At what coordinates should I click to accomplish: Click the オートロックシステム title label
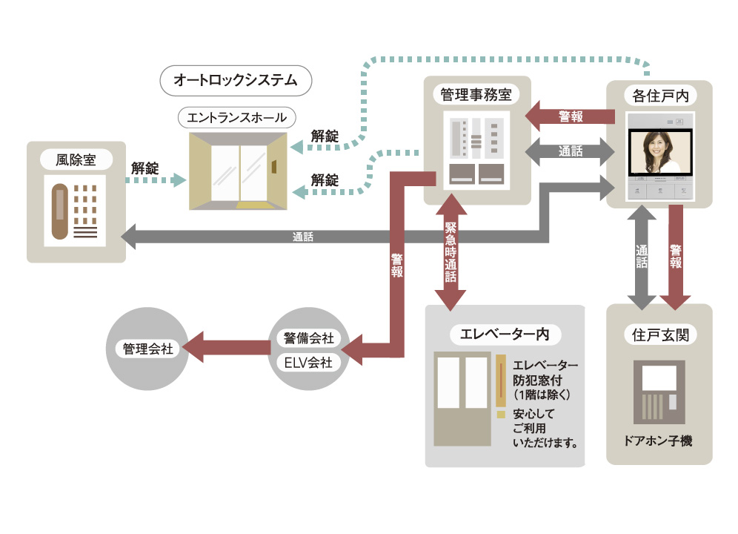pyautogui.click(x=235, y=80)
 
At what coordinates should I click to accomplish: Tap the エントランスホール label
pyautogui.click(x=236, y=117)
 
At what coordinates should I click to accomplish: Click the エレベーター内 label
pyautogui.click(x=505, y=334)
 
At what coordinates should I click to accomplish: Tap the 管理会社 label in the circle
pyautogui.click(x=148, y=348)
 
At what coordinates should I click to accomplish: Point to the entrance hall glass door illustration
pyautogui.click(x=238, y=171)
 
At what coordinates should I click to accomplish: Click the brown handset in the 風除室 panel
pyautogui.click(x=59, y=214)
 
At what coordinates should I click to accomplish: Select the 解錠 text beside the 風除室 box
pyautogui.click(x=145, y=168)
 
